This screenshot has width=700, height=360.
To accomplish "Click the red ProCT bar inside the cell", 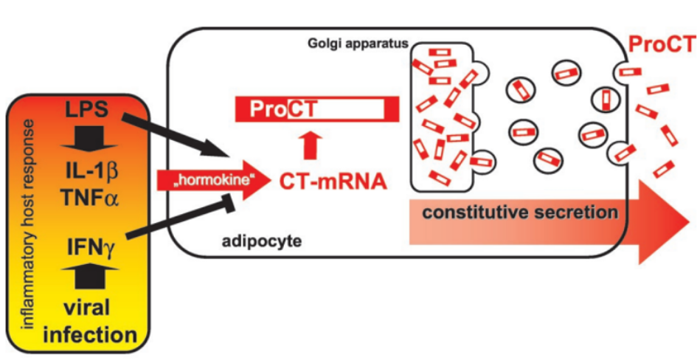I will click(317, 110).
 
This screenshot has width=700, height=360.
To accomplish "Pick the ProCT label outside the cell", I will click(661, 46).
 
